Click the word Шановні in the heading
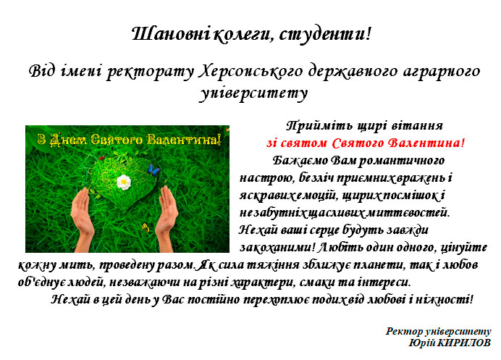pyautogui.click(x=171, y=34)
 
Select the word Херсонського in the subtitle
pyautogui.click(x=250, y=71)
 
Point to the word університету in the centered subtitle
pyautogui.click(x=253, y=93)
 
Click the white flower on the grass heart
pyautogui.click(x=124, y=182)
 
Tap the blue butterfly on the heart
pyautogui.click(x=153, y=169)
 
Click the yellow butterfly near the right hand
pyautogui.click(x=146, y=227)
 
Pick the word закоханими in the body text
pyautogui.click(x=277, y=248)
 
